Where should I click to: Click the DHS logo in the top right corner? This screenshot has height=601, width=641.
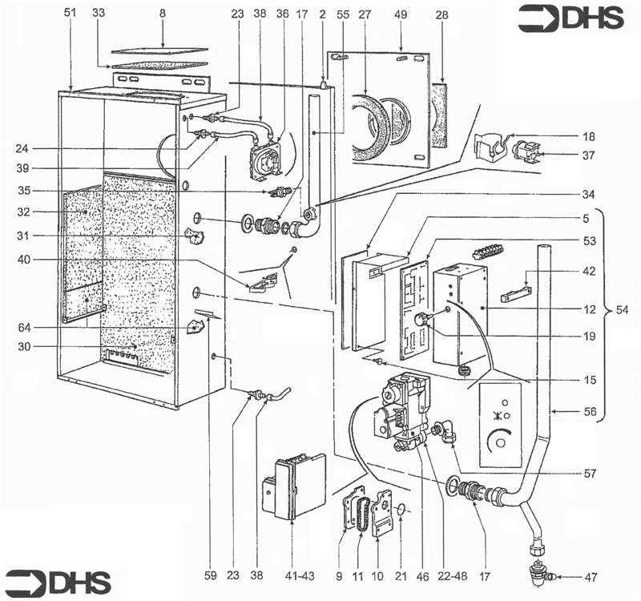coord(570,18)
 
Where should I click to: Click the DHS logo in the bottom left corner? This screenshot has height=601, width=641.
coord(58,582)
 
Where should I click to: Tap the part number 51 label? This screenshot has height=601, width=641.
coord(70,13)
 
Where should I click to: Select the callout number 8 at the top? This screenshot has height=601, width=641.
coord(163,13)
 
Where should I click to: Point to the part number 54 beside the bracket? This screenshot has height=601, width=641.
coord(622,310)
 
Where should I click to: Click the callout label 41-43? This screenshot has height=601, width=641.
coord(300,576)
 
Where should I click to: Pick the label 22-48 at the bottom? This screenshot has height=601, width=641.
coord(452,576)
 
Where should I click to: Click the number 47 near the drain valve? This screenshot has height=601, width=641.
coord(591,577)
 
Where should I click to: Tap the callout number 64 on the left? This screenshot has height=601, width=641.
coord(24,328)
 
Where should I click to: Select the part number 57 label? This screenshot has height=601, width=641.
coord(590,474)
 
